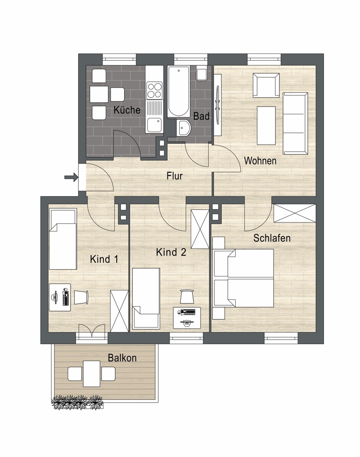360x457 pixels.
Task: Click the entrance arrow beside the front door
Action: click(71, 177)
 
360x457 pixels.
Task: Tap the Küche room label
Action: click(127, 110)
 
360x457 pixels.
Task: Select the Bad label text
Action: click(201, 116)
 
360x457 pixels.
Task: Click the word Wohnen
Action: click(260, 160)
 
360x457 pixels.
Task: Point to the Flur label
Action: click(174, 176)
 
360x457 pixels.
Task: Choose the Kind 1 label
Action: click(104, 259)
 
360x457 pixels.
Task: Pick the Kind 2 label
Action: click(171, 252)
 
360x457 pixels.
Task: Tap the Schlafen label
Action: click(272, 238)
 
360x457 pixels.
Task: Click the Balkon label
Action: click(122, 358)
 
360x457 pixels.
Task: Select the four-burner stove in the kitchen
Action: click(154, 90)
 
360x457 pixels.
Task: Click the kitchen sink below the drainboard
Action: click(154, 125)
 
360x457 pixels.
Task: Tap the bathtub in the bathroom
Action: click(178, 92)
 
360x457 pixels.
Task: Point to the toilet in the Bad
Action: click(202, 73)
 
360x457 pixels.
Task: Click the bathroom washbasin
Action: click(183, 128)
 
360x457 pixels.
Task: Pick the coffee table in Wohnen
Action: click(266, 125)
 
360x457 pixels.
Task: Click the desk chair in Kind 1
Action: click(81, 298)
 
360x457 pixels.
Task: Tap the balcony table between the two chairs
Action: click(91, 374)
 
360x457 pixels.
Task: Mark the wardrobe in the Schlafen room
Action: click(295, 213)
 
